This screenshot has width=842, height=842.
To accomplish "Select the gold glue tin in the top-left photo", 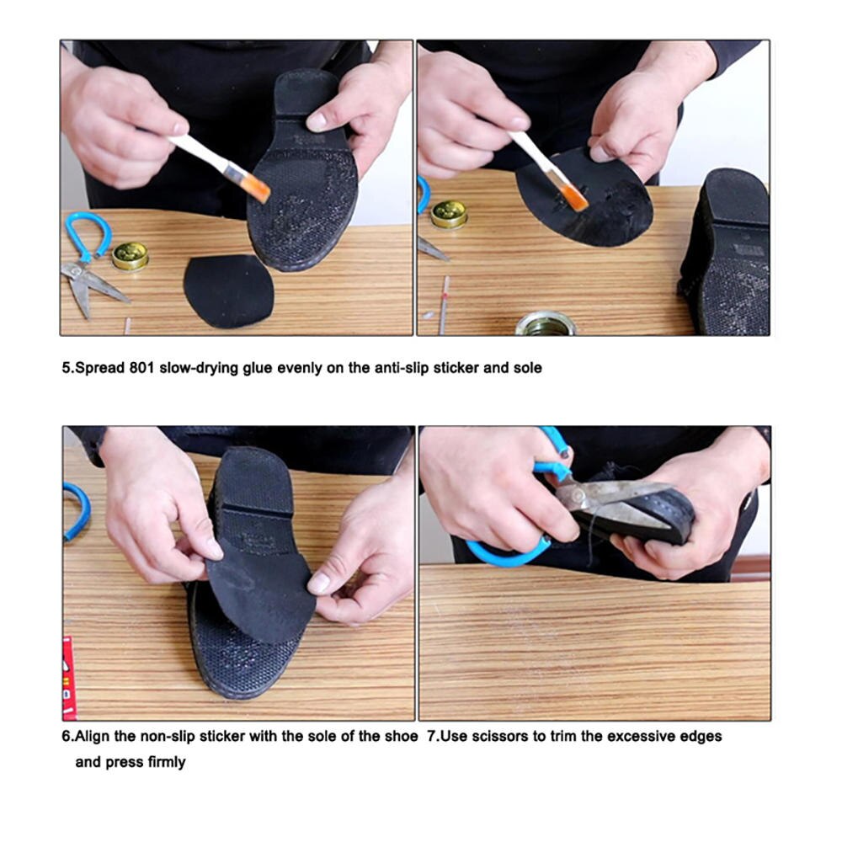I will tap(130, 255).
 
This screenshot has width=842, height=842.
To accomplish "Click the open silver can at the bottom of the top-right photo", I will tap(546, 323).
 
